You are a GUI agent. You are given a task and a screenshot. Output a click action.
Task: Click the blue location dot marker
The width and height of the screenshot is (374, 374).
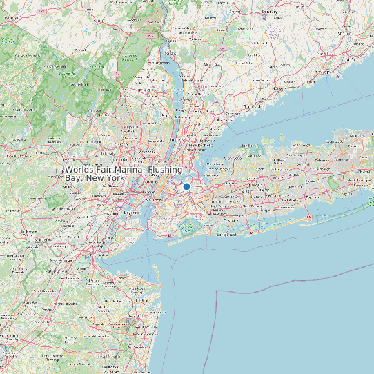(x=186, y=186)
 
